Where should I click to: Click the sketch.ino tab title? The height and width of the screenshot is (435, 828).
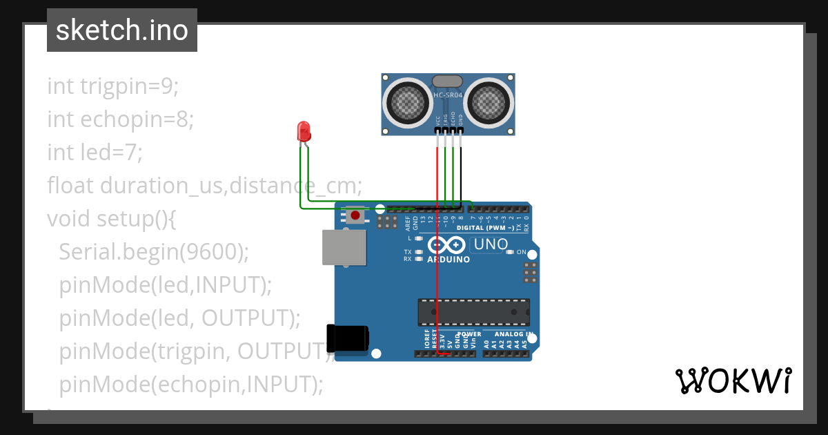click(121, 30)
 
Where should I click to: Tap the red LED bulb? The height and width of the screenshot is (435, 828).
click(303, 130)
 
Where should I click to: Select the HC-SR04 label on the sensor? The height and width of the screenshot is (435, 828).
click(448, 95)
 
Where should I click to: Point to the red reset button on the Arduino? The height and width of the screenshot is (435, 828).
click(355, 216)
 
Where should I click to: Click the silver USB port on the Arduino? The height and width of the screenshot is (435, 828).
click(344, 247)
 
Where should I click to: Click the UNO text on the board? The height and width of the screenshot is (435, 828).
click(491, 244)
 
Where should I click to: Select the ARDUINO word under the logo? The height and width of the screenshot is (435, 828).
click(448, 260)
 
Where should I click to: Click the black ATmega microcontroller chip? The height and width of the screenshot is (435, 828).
click(473, 312)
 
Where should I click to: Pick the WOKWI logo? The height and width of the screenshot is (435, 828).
click(733, 381)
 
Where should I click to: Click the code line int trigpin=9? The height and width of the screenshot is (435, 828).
click(112, 86)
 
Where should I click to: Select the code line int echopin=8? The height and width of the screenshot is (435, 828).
click(120, 119)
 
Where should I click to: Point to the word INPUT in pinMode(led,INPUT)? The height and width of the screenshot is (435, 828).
click(230, 284)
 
